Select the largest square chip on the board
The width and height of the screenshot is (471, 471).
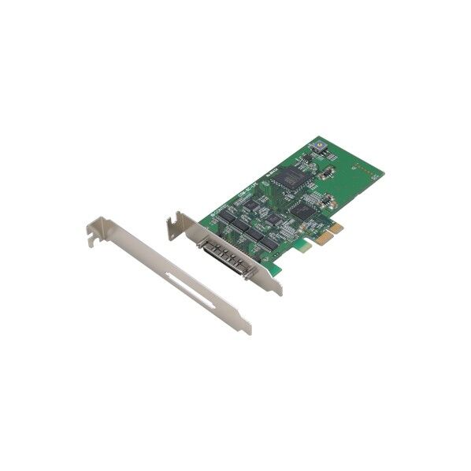pos(293,177)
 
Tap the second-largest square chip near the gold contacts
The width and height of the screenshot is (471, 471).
pos(300,209)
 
